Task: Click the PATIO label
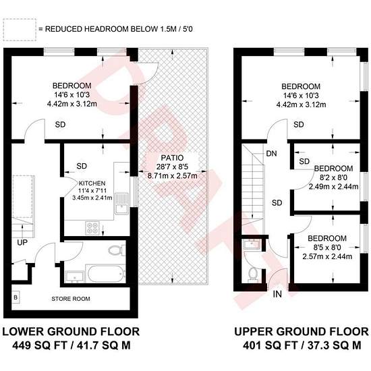pos(172,158)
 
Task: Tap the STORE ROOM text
pos(71,299)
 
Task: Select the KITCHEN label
pos(92,183)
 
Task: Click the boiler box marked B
pos(16,297)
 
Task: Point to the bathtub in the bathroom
pos(106,274)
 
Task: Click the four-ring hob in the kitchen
pos(93,227)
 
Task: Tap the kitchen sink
pos(121,204)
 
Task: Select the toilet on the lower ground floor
pos(117,250)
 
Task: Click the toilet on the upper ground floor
pos(253,275)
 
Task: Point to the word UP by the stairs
pos(22,242)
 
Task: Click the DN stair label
pos(271,154)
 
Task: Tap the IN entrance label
pos(277,294)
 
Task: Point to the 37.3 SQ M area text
pos(334,345)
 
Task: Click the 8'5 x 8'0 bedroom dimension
pos(327,248)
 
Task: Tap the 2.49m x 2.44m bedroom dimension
pos(333,187)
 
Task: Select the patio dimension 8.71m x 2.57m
pos(172,176)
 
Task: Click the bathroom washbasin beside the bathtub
pos(75,277)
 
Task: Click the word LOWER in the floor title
pos(24,332)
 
